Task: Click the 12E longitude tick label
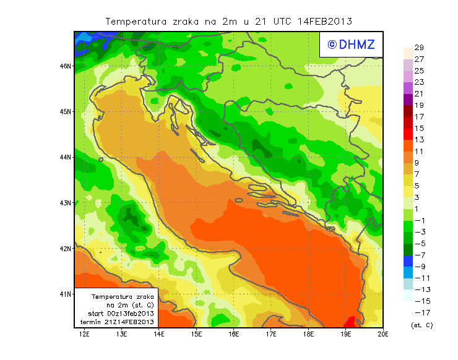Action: (x=84, y=334)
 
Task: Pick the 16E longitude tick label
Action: (x=234, y=334)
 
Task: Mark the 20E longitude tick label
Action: (x=383, y=334)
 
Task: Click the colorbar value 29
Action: (x=419, y=48)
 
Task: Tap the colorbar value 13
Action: (x=419, y=140)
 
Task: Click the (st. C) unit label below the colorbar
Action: (x=421, y=325)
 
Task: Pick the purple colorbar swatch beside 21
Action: (x=407, y=99)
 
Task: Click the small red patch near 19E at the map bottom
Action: (x=349, y=322)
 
